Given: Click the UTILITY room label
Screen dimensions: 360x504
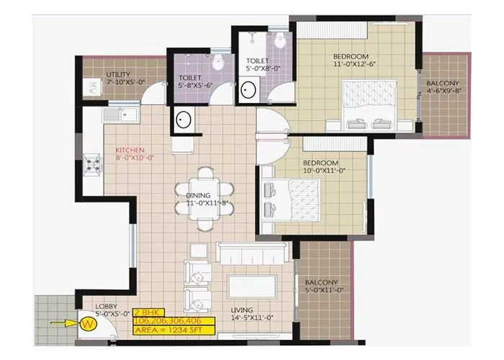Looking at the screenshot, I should (117, 74).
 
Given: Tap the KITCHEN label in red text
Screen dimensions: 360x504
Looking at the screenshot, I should (135, 150).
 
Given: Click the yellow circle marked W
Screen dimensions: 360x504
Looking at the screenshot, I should (88, 323).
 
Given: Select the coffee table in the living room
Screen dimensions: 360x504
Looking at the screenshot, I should (249, 286).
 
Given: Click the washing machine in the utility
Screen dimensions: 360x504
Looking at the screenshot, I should (93, 89).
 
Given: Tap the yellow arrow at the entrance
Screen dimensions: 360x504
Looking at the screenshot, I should (63, 323).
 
